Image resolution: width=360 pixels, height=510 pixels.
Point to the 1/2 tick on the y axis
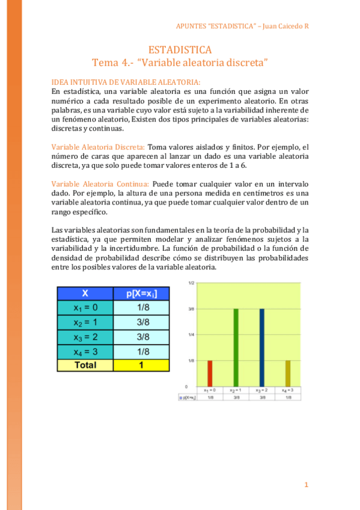tap(191, 282)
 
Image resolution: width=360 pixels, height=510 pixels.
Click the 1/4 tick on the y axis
tap(191, 334)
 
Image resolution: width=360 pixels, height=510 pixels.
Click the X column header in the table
tap(85, 293)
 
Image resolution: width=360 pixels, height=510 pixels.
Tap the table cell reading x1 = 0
tap(85, 308)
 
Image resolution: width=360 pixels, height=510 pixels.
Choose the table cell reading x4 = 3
tap(85, 351)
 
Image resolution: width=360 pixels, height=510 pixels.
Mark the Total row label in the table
tap(85, 364)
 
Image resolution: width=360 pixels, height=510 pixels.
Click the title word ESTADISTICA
tap(180, 50)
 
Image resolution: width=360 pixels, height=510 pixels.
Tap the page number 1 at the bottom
tap(306, 485)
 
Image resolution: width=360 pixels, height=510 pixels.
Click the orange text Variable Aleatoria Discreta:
tap(98, 147)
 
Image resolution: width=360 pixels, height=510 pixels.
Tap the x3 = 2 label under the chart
tap(262, 391)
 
